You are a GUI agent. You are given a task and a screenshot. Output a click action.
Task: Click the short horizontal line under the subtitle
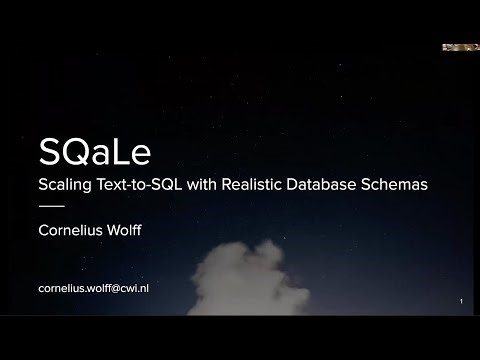(50, 206)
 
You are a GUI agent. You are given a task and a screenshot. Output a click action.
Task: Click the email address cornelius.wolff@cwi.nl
(94, 288)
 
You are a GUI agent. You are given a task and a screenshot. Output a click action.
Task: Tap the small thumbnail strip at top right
(461, 47)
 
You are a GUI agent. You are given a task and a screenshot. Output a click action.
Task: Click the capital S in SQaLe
(47, 152)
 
